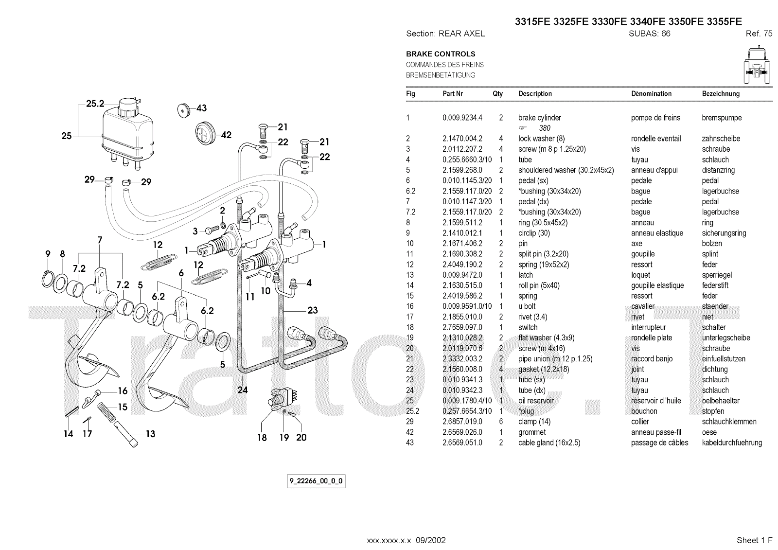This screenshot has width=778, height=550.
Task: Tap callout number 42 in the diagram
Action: [226, 135]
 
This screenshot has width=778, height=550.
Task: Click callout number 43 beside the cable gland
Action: [201, 108]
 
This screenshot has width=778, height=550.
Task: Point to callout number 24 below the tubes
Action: [243, 390]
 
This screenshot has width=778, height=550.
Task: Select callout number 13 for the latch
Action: [150, 433]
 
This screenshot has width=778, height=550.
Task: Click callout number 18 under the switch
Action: [262, 438]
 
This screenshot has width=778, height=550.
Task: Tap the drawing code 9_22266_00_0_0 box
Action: [316, 481]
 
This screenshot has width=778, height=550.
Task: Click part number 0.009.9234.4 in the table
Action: [462, 118]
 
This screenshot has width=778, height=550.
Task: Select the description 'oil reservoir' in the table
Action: [536, 401]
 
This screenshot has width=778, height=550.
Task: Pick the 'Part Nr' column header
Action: [452, 94]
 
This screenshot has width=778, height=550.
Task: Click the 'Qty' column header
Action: [497, 94]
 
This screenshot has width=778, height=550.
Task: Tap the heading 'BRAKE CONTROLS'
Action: [441, 54]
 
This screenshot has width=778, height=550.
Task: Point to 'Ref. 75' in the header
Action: [759, 34]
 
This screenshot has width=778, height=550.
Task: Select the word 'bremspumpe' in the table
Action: [722, 118]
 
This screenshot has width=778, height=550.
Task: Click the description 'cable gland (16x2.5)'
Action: [549, 443]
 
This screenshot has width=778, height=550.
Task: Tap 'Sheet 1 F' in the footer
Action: [754, 540]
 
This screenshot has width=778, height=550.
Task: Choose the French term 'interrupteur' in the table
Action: [649, 327]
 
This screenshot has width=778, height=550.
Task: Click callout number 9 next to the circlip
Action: [48, 254]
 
